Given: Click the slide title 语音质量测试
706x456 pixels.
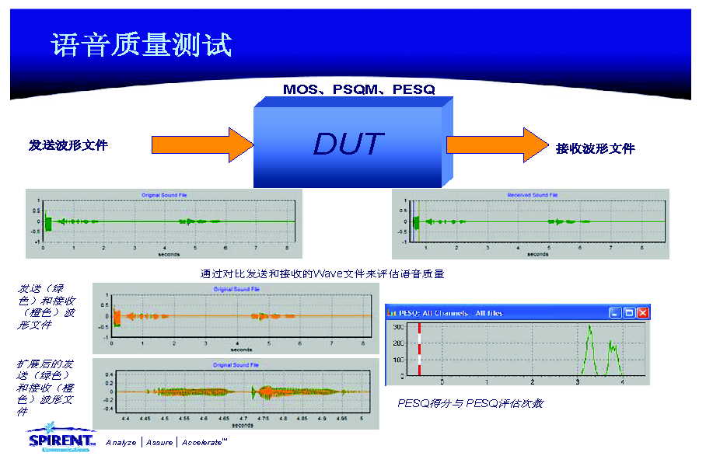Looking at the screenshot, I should tap(142, 44).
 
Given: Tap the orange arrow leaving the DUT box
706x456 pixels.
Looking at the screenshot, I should tap(497, 144).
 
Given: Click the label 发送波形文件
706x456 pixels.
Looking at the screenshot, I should tap(68, 144).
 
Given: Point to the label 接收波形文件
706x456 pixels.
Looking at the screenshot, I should tap(596, 148).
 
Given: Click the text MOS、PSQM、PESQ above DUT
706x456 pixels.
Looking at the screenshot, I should tap(358, 89).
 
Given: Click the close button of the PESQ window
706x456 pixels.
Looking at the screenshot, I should tap(642, 312).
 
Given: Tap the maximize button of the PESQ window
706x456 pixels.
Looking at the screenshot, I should tap(629, 312).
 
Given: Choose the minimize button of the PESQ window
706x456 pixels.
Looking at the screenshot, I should tap(615, 312).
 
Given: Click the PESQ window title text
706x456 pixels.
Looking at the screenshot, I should tap(451, 313).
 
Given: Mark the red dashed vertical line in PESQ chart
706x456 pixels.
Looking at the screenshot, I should tap(420, 351).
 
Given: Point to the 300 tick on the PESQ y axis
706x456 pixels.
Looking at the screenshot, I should tap(398, 327).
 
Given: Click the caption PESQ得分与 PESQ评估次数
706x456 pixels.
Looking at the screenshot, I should tap(470, 403).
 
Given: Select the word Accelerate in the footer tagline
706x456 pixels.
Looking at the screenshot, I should tap(204, 442).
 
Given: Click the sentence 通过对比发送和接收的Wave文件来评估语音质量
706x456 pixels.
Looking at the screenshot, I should tap(322, 273).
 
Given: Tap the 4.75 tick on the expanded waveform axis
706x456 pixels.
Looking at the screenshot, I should tap(263, 418).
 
